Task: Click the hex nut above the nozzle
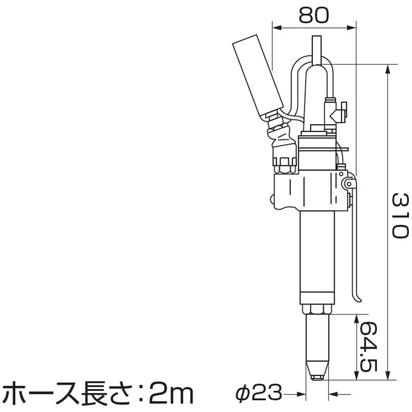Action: click(x=316, y=309)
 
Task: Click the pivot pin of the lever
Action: click(x=349, y=183)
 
